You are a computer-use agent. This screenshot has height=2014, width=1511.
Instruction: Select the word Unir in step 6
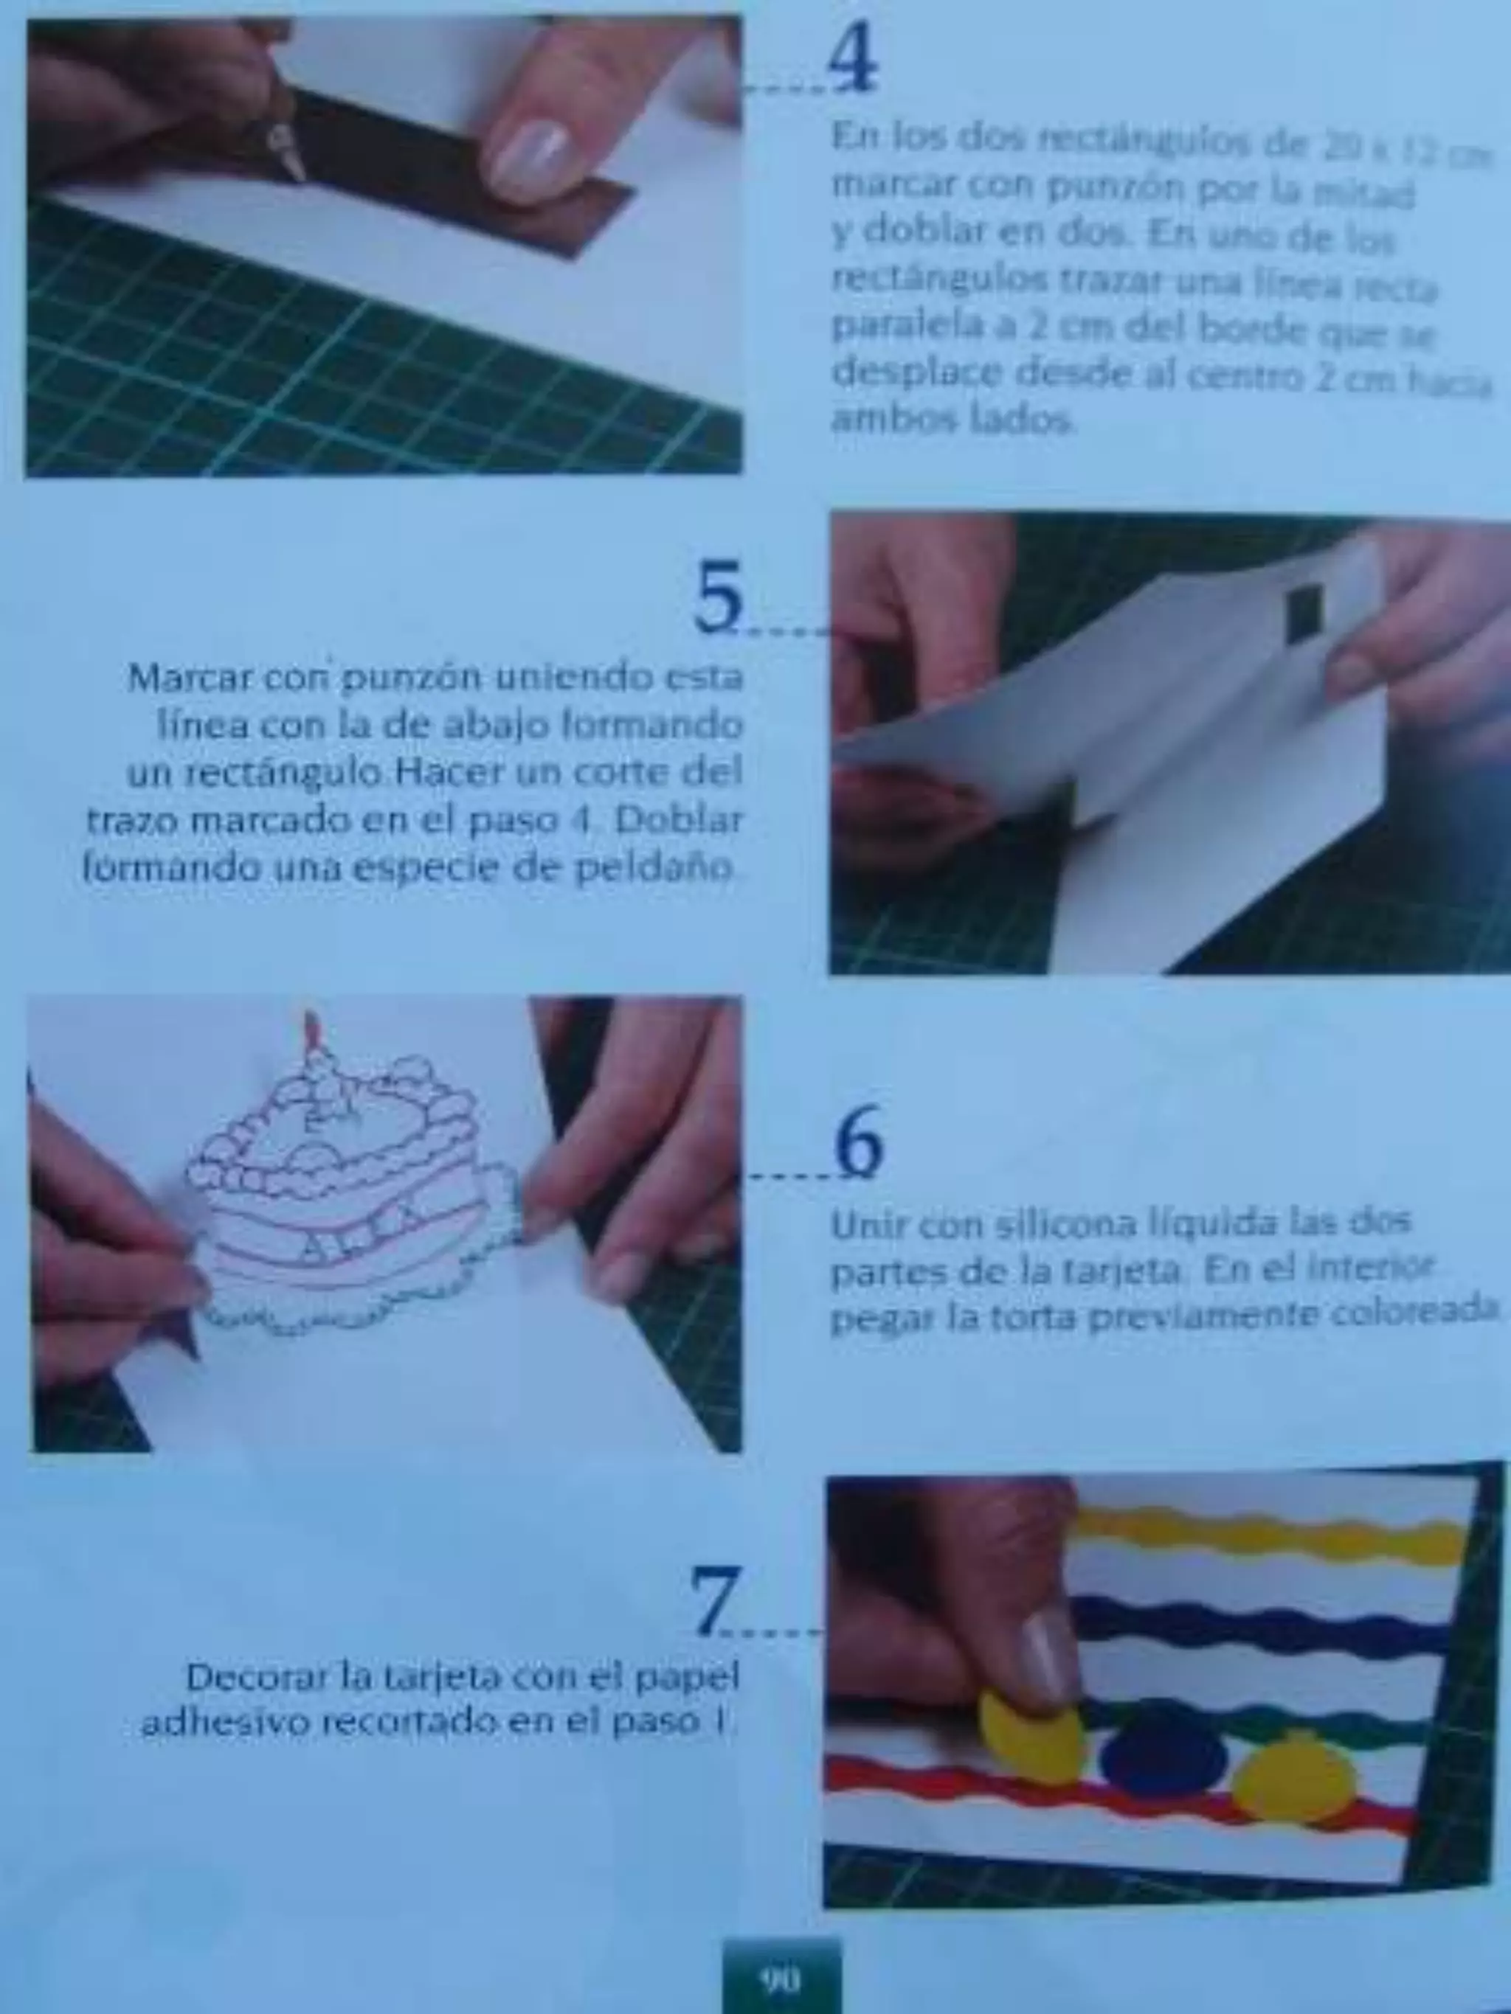point(869,1225)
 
